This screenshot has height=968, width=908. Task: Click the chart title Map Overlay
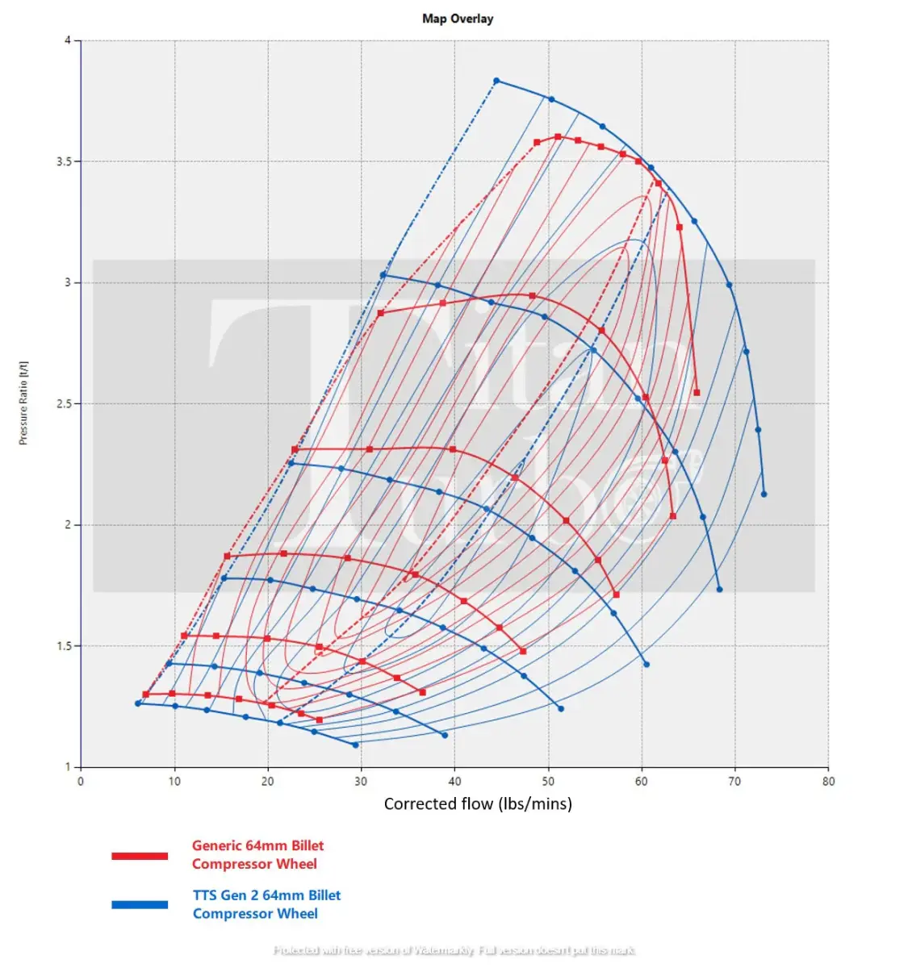[x=458, y=19]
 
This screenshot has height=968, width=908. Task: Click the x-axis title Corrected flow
[x=478, y=803]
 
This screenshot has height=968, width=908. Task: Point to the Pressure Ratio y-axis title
[x=23, y=403]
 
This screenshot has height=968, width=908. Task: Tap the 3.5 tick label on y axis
[x=63, y=162]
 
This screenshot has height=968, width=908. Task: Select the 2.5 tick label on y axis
[x=63, y=404]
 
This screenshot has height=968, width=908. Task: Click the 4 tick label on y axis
[x=68, y=40]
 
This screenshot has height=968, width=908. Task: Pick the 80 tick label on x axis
[x=828, y=782]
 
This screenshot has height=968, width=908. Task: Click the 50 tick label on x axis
[x=548, y=782]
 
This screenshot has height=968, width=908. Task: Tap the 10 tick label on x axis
[x=174, y=782]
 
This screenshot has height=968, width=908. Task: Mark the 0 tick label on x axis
[x=81, y=782]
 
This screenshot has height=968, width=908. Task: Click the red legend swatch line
[x=140, y=856]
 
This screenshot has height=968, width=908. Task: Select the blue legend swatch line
[x=140, y=905]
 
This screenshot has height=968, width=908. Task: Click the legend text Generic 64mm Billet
[x=257, y=845]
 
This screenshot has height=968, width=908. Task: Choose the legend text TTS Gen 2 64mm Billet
[x=266, y=895]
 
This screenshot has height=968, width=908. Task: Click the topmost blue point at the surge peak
[x=496, y=81]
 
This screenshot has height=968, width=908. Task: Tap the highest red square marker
[x=558, y=137]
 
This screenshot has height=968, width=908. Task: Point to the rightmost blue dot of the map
[x=764, y=494]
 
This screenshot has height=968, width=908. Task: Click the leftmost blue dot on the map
[x=137, y=703]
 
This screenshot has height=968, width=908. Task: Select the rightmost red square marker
[x=697, y=393]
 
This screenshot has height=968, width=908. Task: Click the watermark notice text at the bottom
[x=454, y=950]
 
